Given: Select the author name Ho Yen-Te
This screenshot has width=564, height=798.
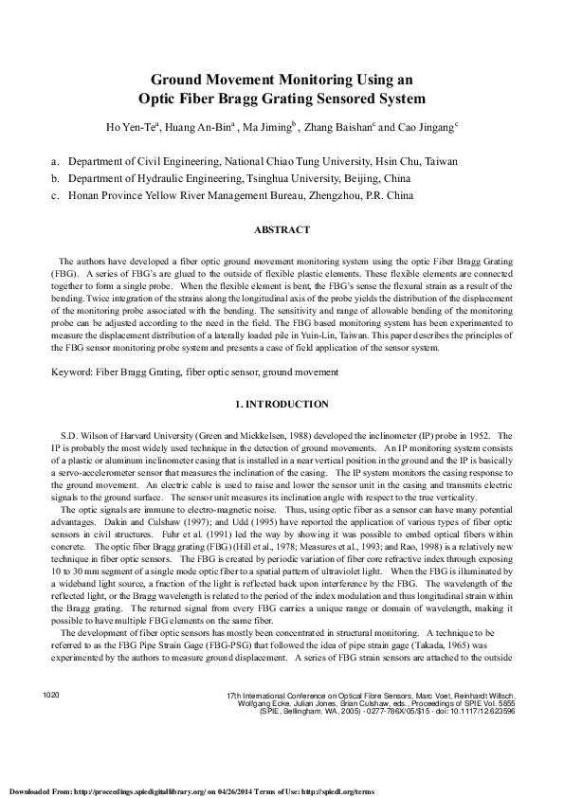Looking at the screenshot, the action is [131, 126].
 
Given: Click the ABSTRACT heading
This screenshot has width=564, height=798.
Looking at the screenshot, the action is [282, 229].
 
